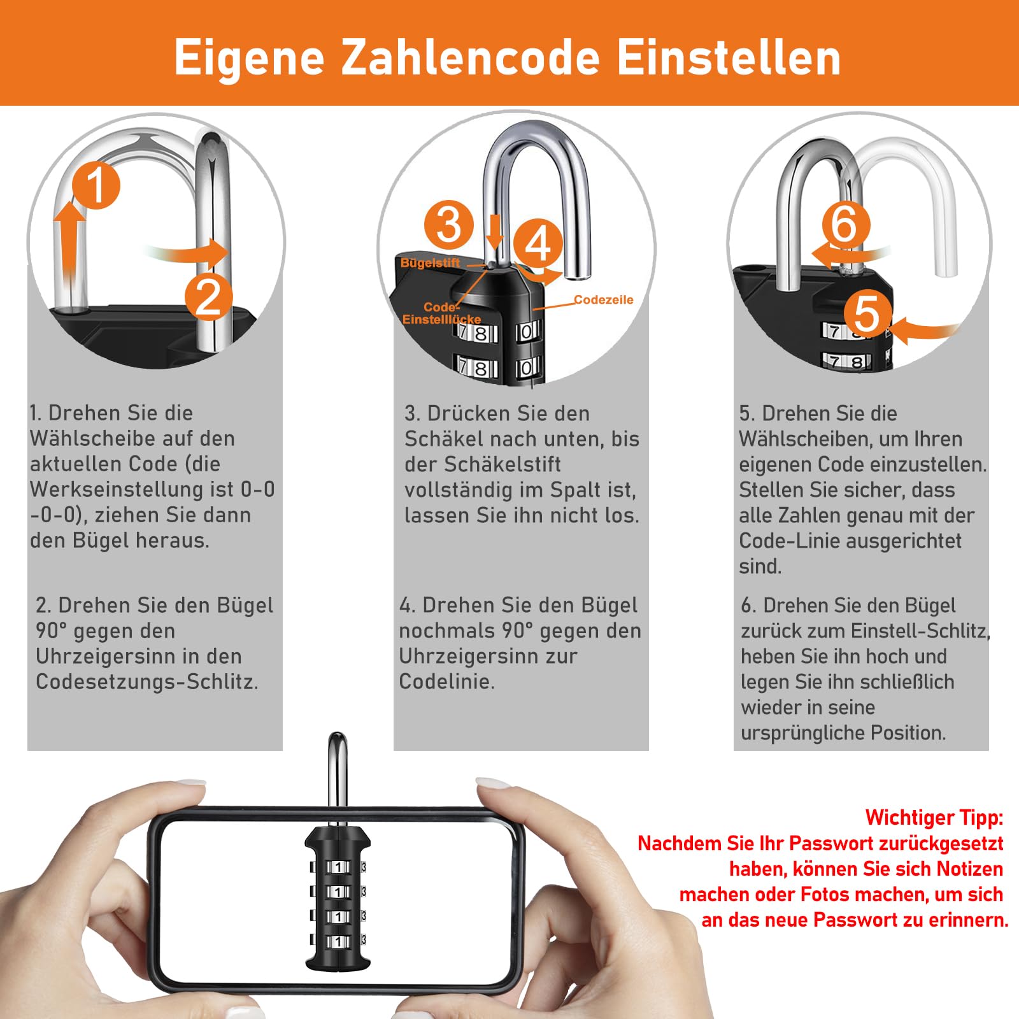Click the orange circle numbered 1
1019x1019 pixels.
[96, 185]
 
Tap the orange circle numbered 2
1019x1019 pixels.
[208, 297]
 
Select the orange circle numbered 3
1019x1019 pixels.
[449, 224]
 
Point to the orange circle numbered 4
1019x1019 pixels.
[538, 243]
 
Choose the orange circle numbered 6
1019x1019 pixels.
[846, 224]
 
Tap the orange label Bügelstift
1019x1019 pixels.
[430, 262]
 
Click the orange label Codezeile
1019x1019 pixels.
[603, 299]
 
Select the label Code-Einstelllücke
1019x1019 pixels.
[441, 313]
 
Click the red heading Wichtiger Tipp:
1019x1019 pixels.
[934, 818]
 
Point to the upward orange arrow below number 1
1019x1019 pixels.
[69, 245]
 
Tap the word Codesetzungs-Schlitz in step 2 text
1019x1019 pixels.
[147, 681]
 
